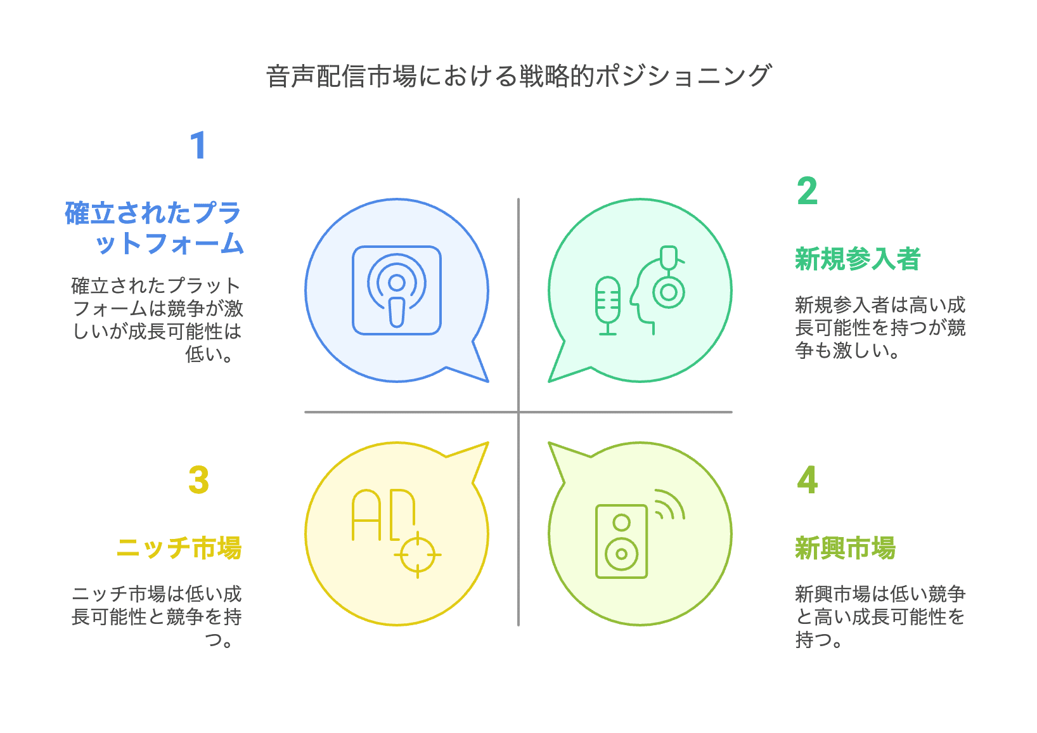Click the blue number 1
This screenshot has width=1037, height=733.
coord(198,145)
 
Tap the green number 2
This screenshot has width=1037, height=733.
coord(807,191)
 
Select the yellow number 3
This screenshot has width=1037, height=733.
coord(198,480)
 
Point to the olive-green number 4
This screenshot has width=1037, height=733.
coord(807,480)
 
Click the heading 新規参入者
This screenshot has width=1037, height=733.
coord(857,259)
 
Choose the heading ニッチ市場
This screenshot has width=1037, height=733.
coord(179,548)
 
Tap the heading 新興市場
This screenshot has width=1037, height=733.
coord(845,548)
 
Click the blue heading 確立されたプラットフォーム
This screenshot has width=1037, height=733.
coord(154,228)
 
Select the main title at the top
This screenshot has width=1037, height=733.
coord(518,76)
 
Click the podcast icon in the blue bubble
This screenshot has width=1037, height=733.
coord(397,290)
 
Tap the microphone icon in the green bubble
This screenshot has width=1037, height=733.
coord(607,305)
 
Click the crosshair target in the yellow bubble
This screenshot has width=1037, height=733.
coord(417,555)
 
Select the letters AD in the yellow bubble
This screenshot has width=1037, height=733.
coord(383,514)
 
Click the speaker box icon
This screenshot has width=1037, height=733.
coord(621,541)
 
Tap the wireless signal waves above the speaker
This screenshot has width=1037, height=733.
coord(669,505)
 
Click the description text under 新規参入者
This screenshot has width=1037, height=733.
coord(880,328)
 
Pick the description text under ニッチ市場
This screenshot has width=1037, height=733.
coord(157,616)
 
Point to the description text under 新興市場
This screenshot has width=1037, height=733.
coord(880,616)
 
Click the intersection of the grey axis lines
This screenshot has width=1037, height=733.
coord(518,412)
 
